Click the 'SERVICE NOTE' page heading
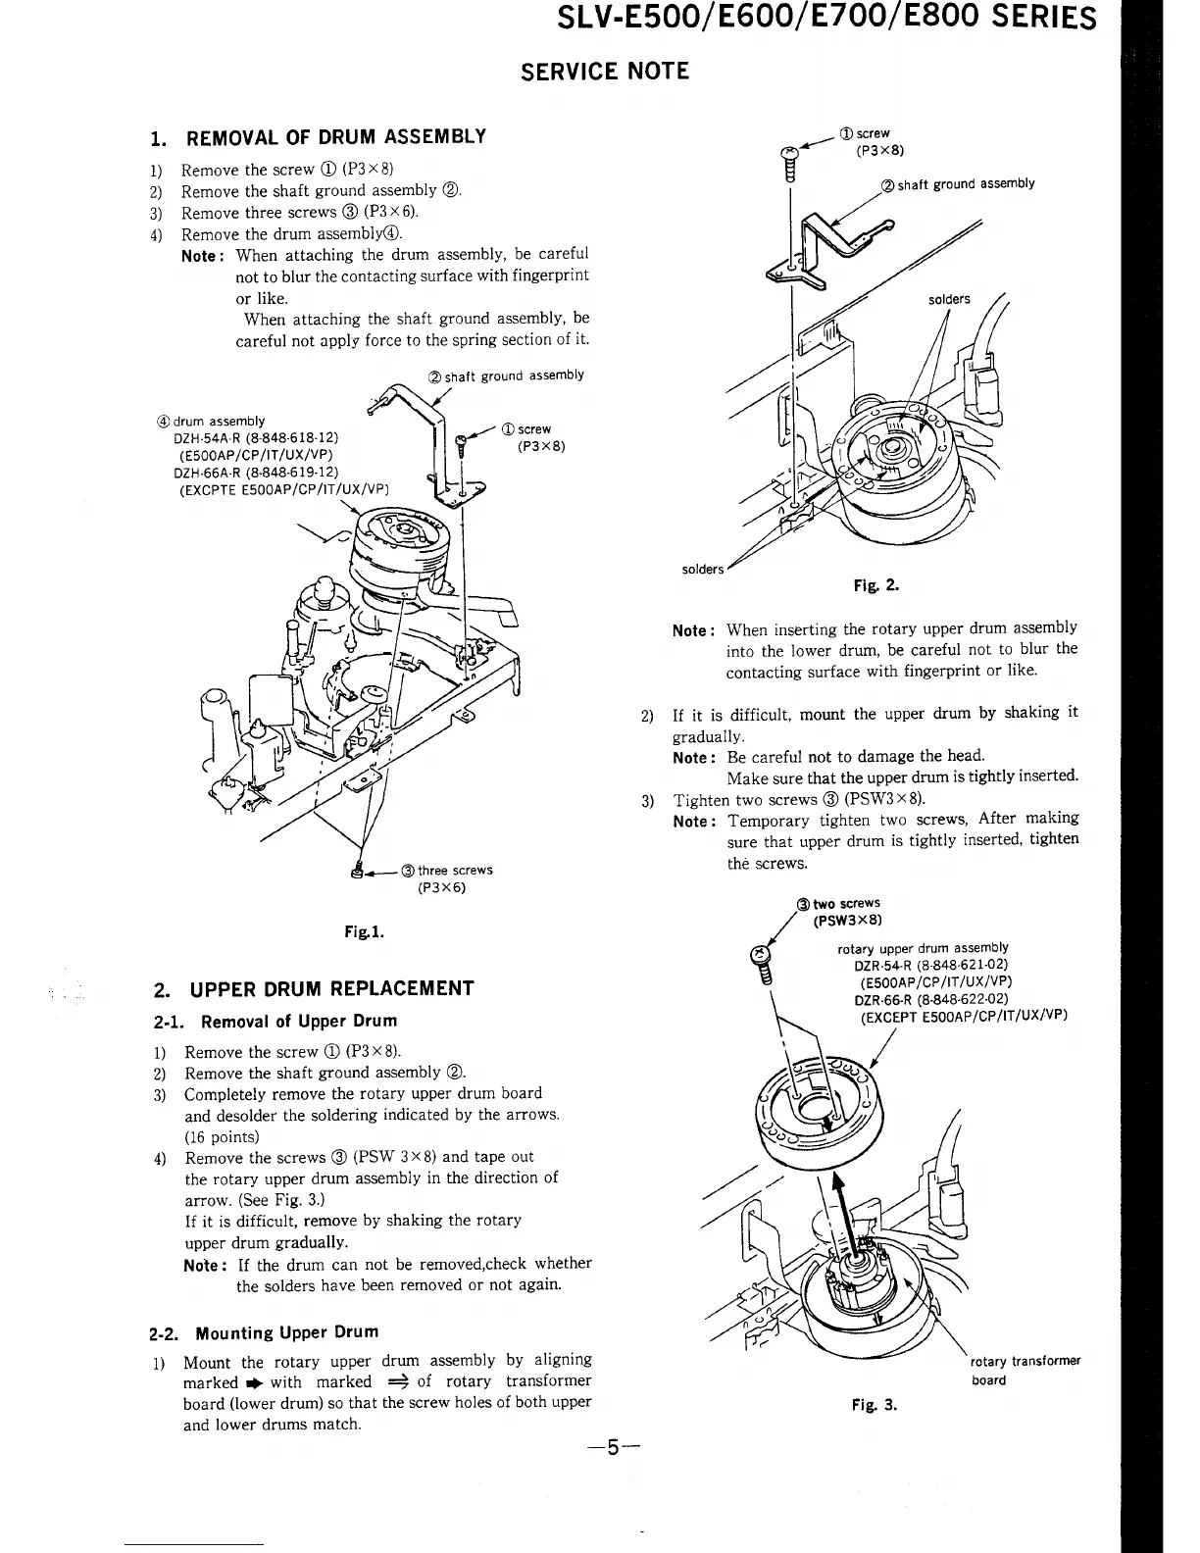(605, 72)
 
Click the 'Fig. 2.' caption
(877, 587)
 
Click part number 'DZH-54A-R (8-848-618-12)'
(257, 438)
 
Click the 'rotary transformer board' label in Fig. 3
(1025, 1371)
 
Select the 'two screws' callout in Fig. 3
(839, 904)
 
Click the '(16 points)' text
(222, 1137)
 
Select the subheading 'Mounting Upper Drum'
(286, 1333)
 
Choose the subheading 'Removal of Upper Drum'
(290, 1022)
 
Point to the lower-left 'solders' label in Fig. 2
(703, 570)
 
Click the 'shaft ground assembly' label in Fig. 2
(957, 183)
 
